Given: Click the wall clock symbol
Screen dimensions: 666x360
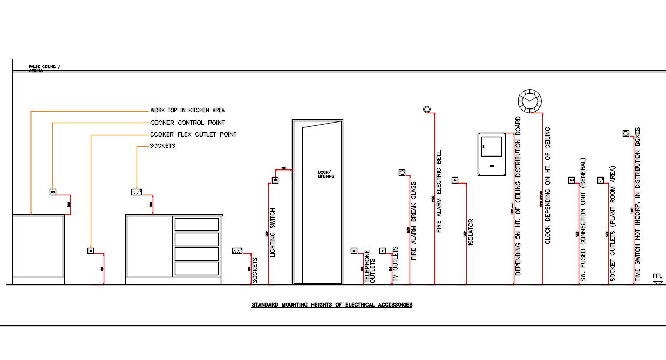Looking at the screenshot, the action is click(x=529, y=101).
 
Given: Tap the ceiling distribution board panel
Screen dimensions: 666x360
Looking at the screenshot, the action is click(x=491, y=154).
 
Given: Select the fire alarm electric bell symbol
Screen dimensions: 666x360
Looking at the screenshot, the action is click(x=427, y=110).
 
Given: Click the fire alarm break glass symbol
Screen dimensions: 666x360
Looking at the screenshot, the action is click(x=402, y=173).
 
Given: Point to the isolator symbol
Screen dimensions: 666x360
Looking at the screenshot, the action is click(x=455, y=180).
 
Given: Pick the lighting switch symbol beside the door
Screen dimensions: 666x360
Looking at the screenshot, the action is click(x=275, y=180).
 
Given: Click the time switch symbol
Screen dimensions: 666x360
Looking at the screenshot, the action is click(x=626, y=133).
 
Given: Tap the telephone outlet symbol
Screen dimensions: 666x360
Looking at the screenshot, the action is click(x=354, y=250).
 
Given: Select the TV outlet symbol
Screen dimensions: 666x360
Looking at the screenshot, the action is click(x=383, y=250).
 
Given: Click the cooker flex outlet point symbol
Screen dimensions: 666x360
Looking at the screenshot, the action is click(x=91, y=250).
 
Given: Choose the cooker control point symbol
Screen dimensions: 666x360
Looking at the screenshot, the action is click(x=53, y=192).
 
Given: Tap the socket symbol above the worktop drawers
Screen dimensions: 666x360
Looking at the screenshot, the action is click(x=137, y=192).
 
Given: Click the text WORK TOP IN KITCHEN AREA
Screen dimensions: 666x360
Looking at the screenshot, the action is click(x=187, y=110).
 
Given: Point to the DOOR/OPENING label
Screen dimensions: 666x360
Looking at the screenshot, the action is click(x=326, y=174).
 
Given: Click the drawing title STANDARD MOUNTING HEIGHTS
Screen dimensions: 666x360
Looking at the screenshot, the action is click(x=332, y=305).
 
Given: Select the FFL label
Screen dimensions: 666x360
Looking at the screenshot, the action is click(x=657, y=276).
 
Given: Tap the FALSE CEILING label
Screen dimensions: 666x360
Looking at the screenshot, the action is click(x=44, y=68).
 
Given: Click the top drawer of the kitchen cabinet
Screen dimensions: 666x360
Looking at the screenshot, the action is click(x=196, y=225).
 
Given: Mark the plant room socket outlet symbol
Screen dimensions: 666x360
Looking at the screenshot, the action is click(x=600, y=180).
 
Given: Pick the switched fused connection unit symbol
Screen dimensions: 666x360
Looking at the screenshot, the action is click(x=572, y=180).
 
